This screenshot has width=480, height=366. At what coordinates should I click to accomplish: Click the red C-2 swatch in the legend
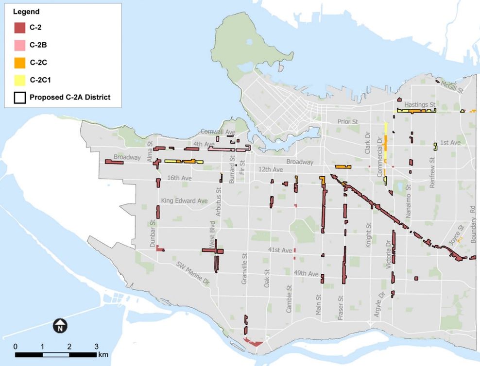coord(20,28)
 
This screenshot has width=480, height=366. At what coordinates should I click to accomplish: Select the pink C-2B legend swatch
coord(20,45)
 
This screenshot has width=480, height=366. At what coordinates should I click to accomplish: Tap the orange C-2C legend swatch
coord(20,63)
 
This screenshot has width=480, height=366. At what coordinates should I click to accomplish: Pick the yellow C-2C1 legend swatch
coord(20,80)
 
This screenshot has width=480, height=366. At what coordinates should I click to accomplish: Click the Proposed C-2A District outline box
coord(20,97)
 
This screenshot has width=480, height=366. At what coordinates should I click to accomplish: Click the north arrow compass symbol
coord(59,326)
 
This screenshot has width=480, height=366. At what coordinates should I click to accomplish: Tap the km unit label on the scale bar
coord(103,355)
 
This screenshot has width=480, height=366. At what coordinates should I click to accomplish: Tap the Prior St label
coord(348,121)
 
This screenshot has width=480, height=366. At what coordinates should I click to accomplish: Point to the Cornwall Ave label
coord(219,132)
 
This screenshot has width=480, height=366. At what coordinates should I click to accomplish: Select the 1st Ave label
coord(450,143)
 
